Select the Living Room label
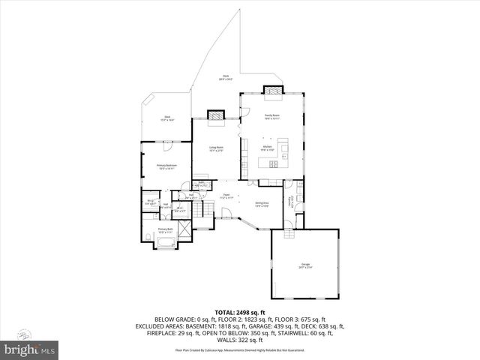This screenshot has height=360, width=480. tap(217, 149)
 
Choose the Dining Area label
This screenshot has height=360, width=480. tap(261, 205)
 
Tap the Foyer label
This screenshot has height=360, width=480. tap(225, 196)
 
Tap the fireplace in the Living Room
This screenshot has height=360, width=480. tap(216, 115)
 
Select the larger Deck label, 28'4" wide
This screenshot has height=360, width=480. tap(225, 77)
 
